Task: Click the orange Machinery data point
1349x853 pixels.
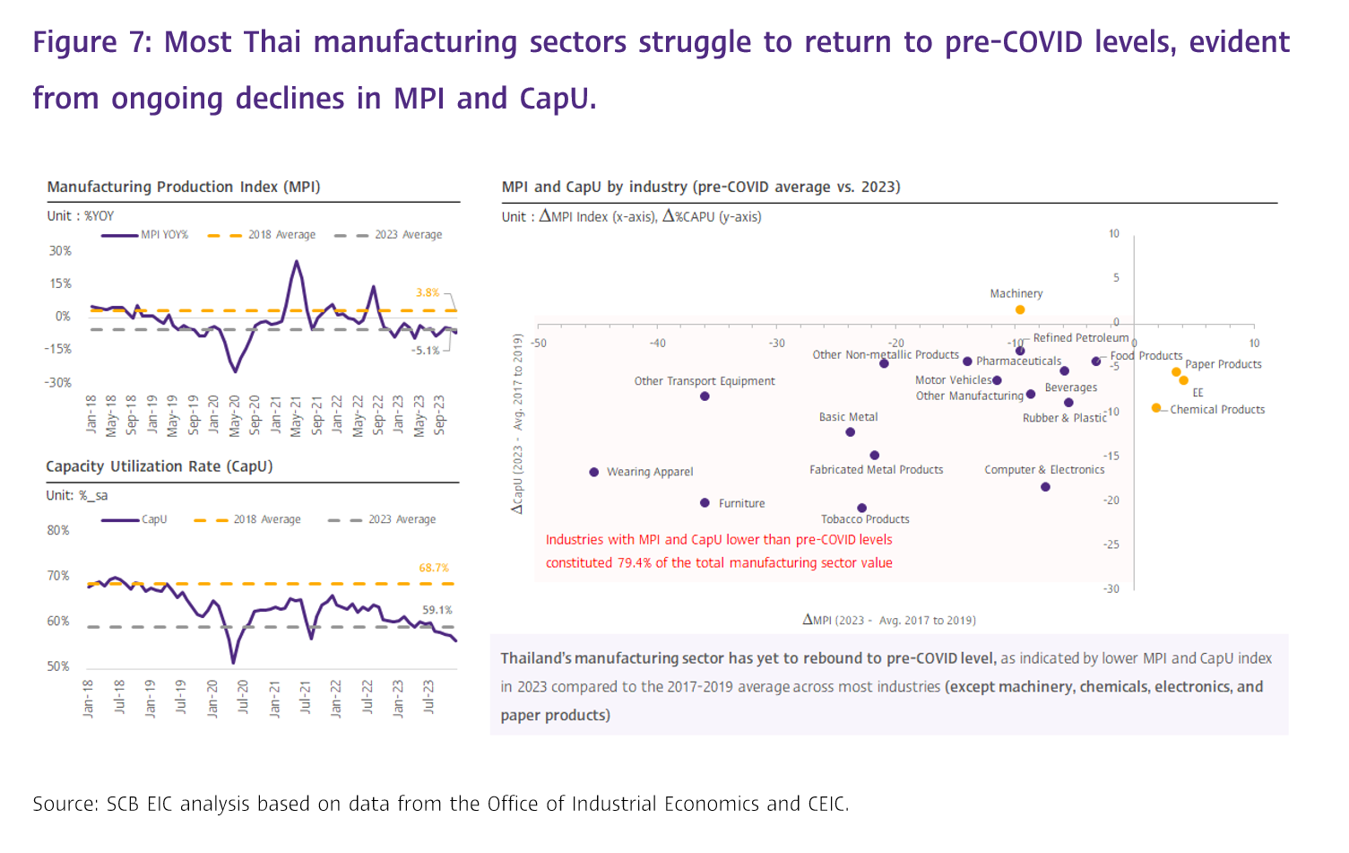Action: point(1020,310)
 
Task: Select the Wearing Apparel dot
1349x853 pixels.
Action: point(594,472)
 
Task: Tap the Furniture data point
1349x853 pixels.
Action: point(705,503)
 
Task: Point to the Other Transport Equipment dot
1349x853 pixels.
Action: point(705,396)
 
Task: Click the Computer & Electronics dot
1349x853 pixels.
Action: point(1046,487)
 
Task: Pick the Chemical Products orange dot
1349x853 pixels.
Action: point(1156,408)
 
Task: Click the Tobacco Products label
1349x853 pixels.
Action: point(865,519)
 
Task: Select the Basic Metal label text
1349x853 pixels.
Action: point(848,417)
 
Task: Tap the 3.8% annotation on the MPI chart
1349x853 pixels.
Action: point(428,292)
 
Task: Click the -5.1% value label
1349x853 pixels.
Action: point(426,351)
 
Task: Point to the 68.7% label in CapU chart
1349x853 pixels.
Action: point(434,568)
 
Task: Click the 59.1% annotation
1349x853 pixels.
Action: point(437,610)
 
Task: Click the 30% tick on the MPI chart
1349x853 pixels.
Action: point(60,251)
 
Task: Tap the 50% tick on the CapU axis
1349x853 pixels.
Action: point(58,666)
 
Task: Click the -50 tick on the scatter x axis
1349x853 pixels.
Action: point(539,344)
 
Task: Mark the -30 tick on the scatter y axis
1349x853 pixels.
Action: point(1111,589)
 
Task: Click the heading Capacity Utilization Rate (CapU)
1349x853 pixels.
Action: point(160,466)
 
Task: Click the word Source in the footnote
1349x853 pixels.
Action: point(65,804)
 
